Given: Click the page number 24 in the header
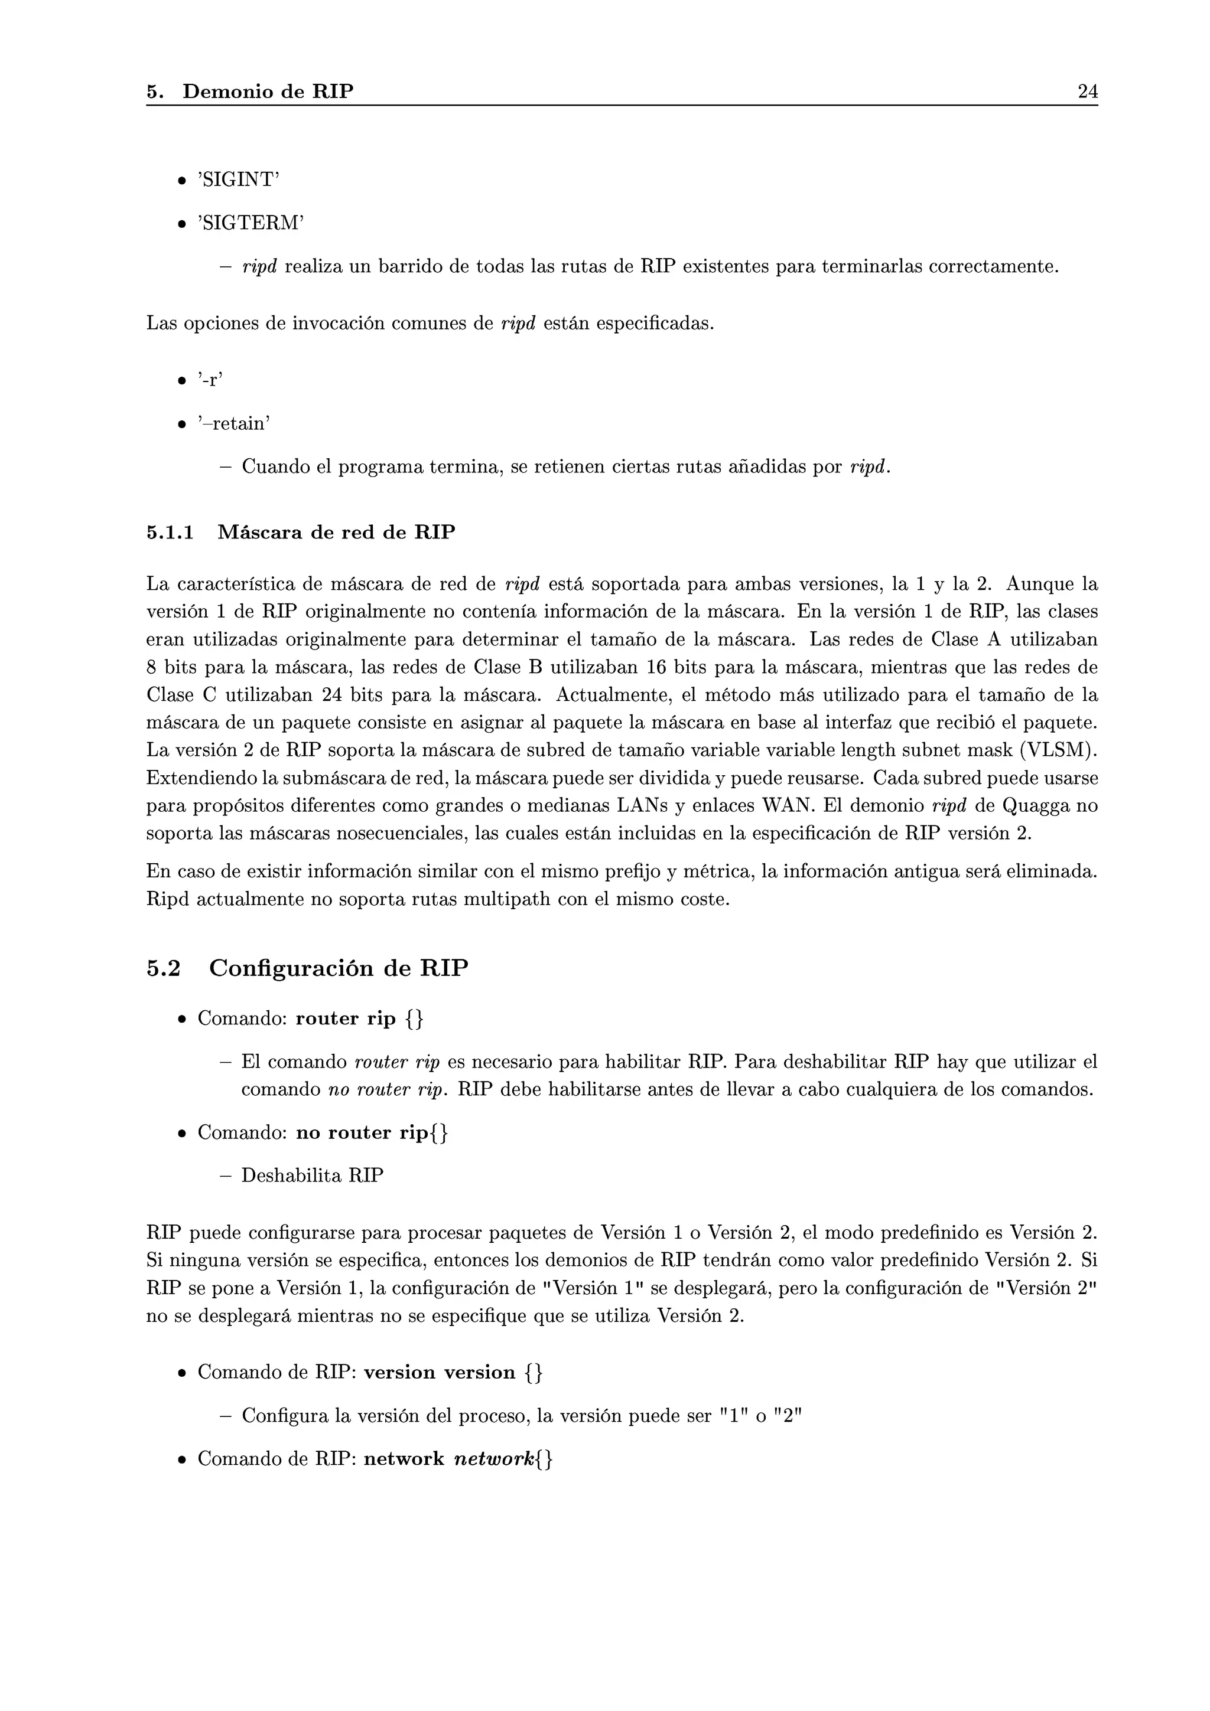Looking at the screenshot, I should [1087, 92].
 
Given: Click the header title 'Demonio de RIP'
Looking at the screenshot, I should [268, 92].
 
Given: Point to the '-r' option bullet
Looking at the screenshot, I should [210, 380].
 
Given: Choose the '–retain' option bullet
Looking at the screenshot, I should [233, 423].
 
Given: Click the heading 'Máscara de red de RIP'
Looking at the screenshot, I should [336, 533].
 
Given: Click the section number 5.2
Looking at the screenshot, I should [163, 968].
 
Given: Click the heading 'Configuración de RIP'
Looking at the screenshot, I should [339, 968].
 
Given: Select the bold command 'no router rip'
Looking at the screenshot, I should [362, 1133].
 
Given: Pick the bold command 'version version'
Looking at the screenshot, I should [439, 1373].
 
